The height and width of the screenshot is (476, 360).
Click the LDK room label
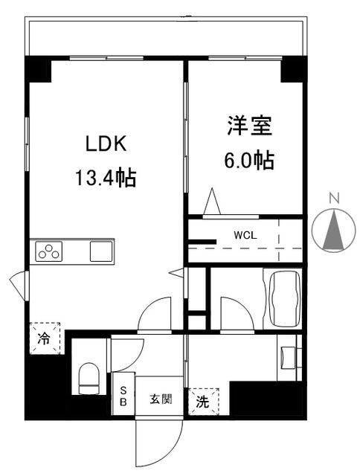(106, 144)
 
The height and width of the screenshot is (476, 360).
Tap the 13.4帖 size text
(106, 178)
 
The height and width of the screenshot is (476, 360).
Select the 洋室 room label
(249, 125)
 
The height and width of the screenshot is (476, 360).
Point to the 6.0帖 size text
(249, 160)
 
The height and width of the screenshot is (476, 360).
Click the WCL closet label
(245, 235)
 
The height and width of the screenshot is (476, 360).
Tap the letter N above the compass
(334, 199)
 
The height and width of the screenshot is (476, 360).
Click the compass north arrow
(334, 230)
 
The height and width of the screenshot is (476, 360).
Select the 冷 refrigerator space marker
(45, 338)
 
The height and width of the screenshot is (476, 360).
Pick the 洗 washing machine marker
(204, 402)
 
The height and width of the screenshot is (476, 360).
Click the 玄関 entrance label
(161, 399)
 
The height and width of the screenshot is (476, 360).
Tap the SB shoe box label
(123, 396)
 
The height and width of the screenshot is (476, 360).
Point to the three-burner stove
(49, 251)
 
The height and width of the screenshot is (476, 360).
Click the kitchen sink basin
(101, 251)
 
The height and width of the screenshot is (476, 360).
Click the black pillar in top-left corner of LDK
(38, 69)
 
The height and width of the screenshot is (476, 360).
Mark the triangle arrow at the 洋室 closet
(212, 201)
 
